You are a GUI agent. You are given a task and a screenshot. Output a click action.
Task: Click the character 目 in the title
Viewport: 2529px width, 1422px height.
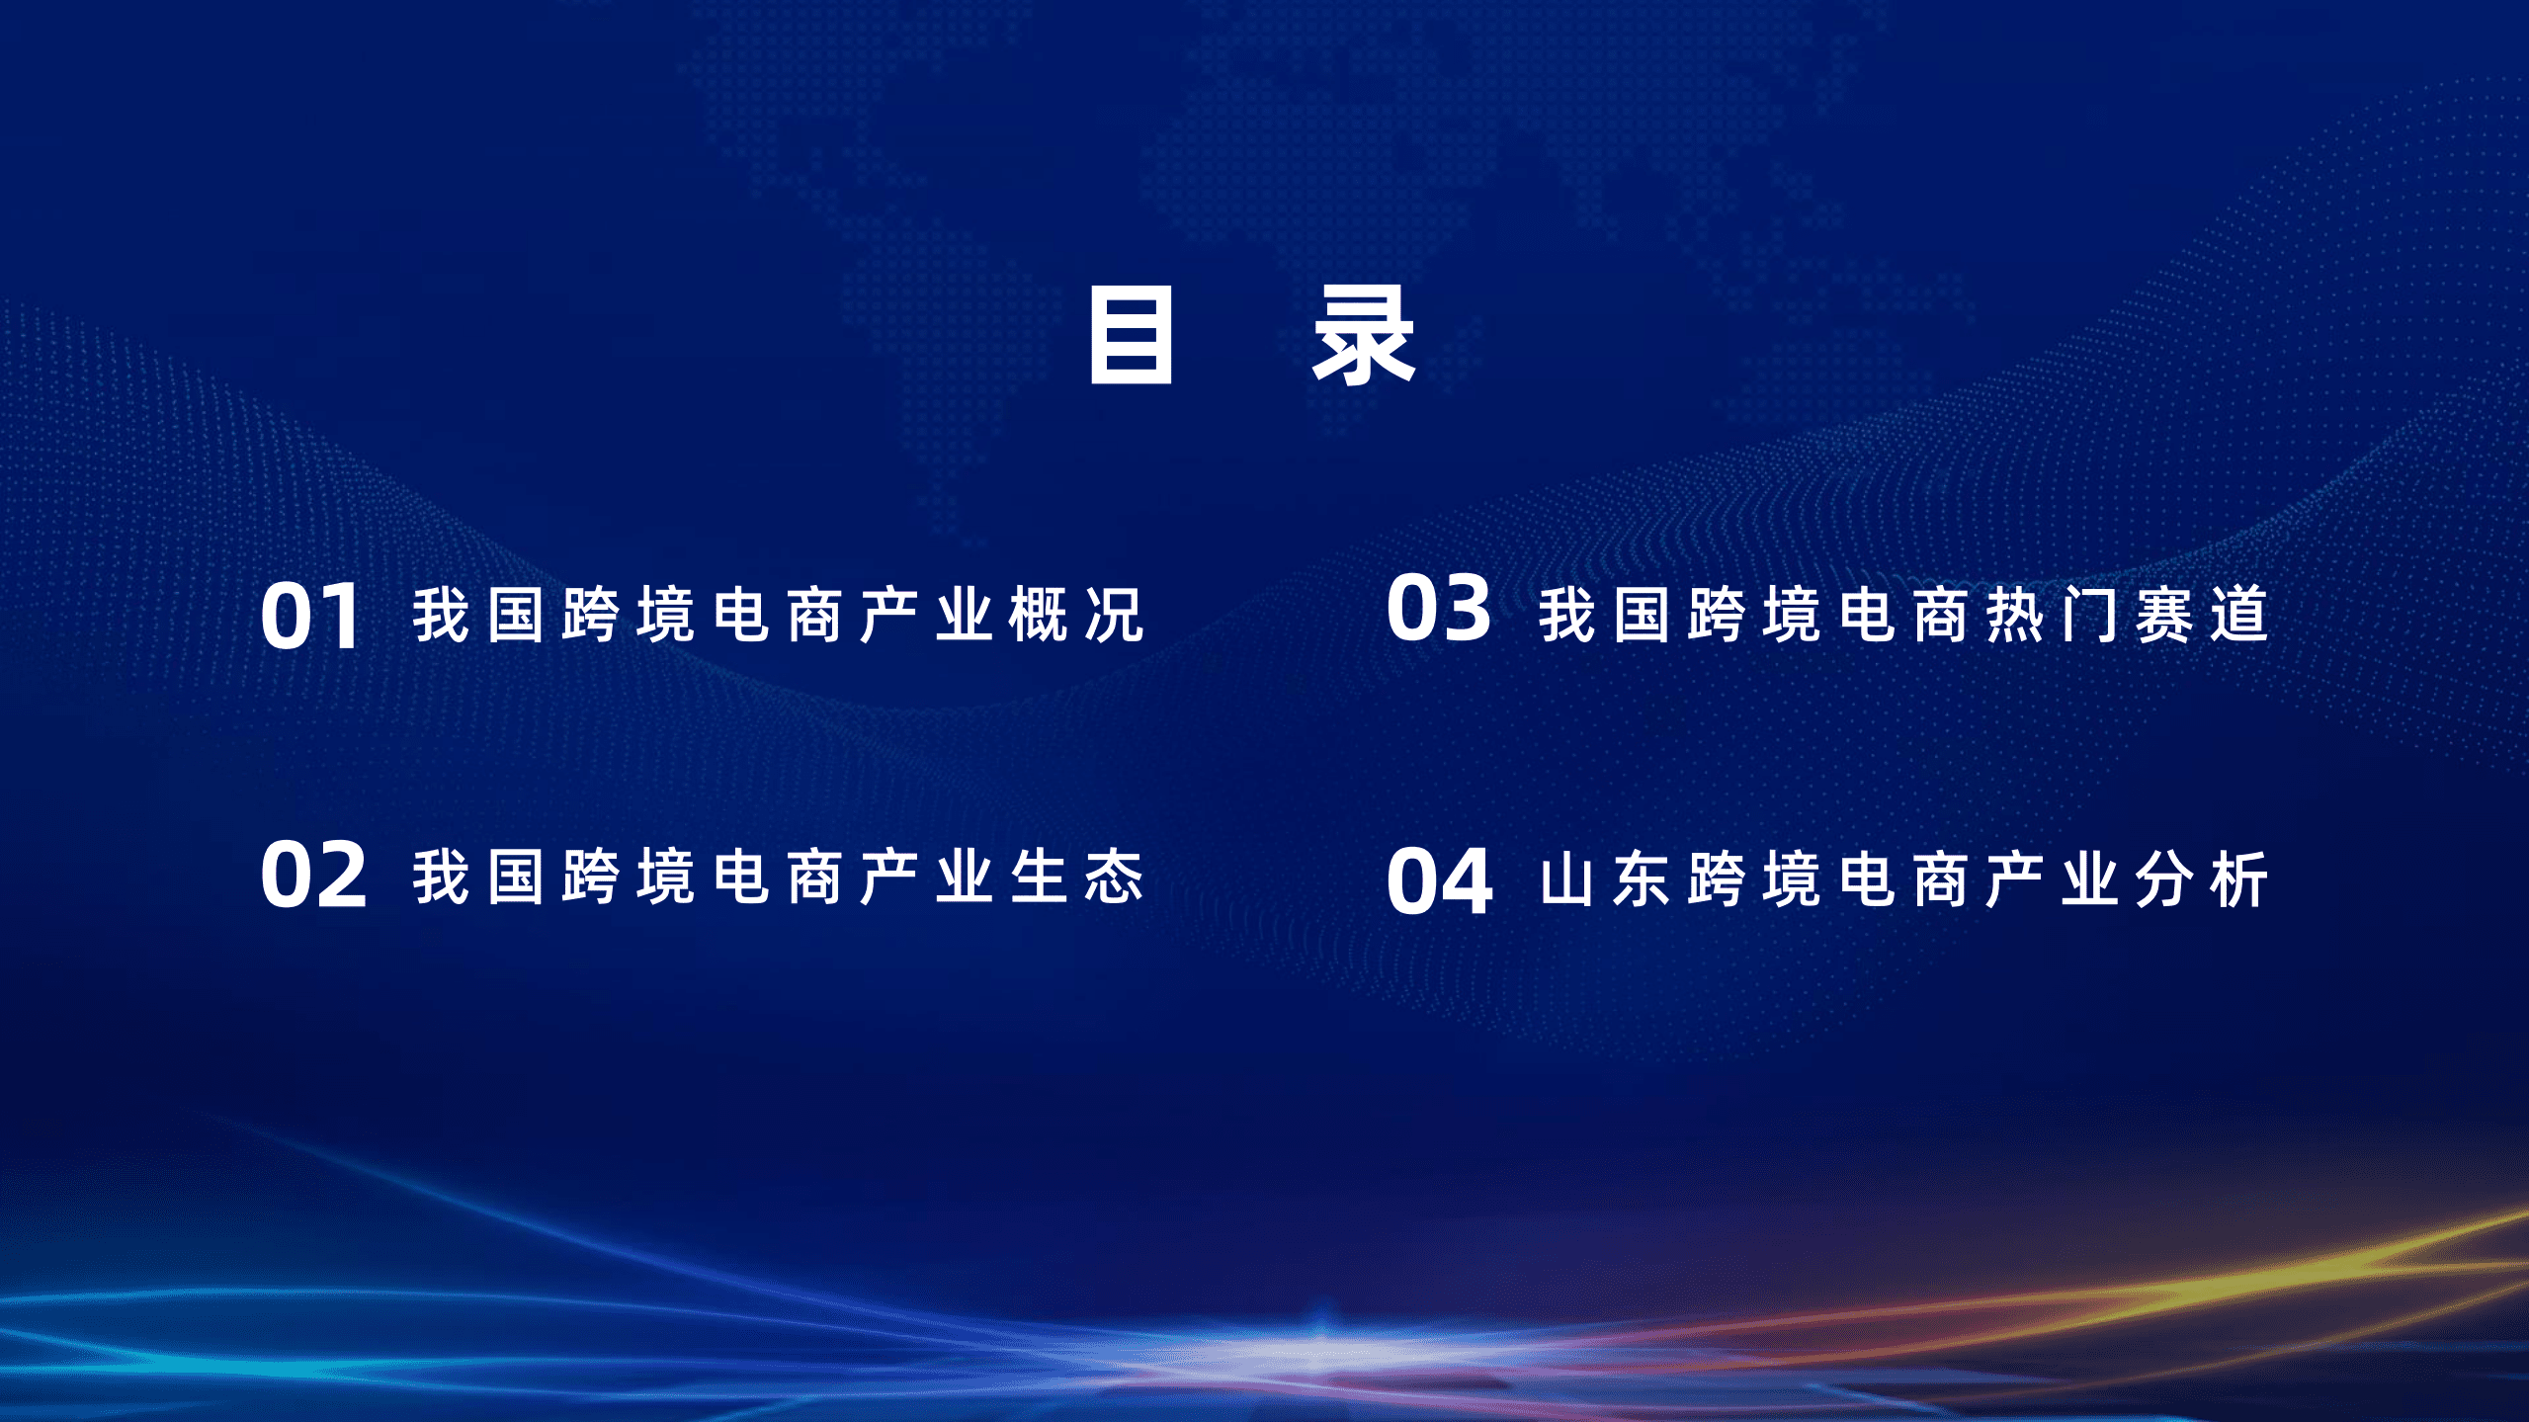point(1131,335)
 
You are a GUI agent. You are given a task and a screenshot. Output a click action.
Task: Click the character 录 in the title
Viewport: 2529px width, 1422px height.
point(1364,335)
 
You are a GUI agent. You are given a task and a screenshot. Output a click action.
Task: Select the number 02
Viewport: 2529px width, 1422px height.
point(313,876)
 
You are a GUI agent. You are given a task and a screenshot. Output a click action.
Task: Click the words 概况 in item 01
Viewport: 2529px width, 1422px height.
point(1076,616)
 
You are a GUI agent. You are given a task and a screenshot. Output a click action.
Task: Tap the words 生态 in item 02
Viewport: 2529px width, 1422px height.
point(1076,877)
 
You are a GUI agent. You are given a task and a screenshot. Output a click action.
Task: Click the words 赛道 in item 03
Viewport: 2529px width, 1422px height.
point(2202,615)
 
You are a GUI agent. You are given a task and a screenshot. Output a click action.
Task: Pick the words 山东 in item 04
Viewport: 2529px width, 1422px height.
point(1605,879)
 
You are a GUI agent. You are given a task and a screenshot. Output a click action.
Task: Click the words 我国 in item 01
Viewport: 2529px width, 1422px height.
point(478,616)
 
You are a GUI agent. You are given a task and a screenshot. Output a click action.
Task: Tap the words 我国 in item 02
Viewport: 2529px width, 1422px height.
point(478,877)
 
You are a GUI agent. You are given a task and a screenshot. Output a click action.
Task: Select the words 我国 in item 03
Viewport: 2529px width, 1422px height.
point(1605,615)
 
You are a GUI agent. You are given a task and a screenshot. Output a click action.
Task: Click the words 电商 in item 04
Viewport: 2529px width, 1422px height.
point(1903,879)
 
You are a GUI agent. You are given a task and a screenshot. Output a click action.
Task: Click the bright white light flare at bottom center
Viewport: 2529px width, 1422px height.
point(1319,1349)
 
